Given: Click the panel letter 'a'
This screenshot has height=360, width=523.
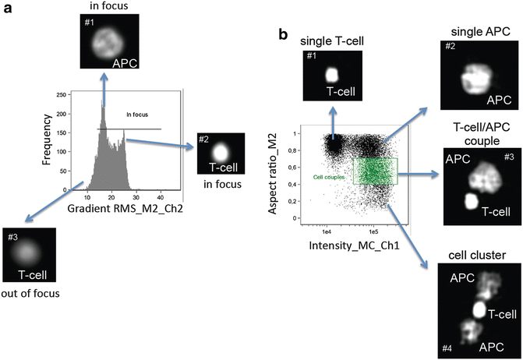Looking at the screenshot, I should (x=7, y=10).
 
